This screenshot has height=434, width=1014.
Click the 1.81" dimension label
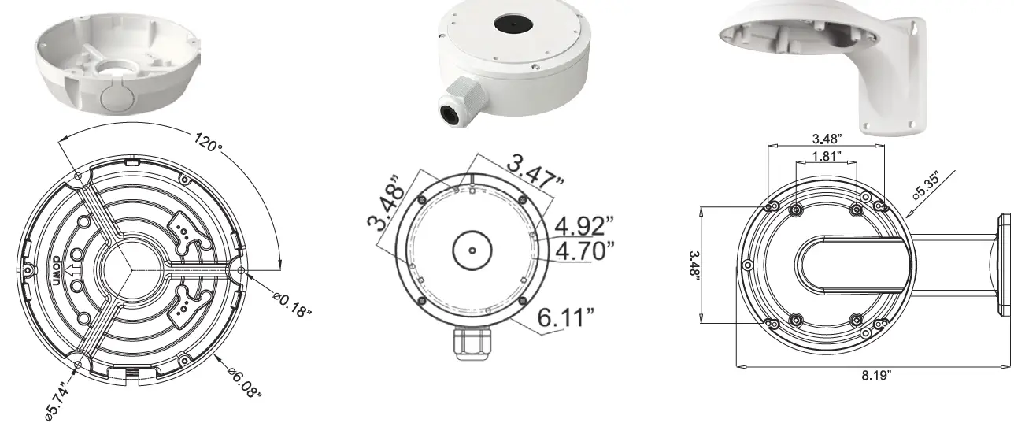point(825,156)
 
